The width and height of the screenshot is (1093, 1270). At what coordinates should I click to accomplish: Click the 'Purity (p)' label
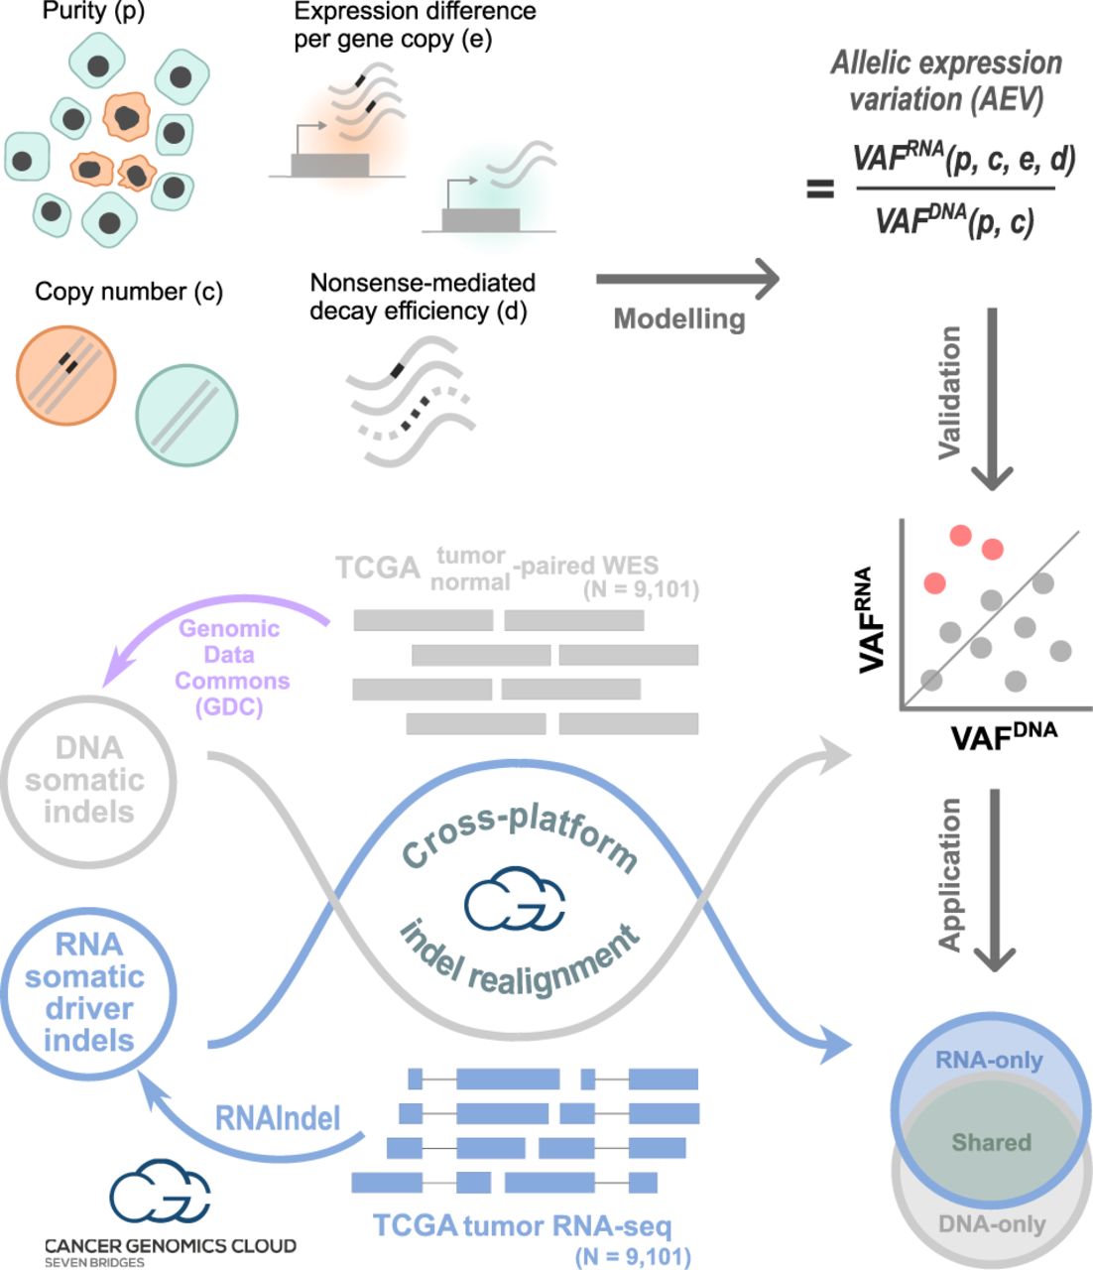[x=87, y=13]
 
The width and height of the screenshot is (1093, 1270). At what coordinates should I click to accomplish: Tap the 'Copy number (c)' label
[x=129, y=292]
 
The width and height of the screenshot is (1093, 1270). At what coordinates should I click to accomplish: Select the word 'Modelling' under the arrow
[x=679, y=318]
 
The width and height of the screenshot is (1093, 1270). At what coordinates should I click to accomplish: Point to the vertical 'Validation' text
[x=949, y=392]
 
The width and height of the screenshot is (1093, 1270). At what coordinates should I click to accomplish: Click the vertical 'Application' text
[x=949, y=874]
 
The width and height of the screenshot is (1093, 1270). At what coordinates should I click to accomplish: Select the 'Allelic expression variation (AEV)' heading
[x=946, y=81]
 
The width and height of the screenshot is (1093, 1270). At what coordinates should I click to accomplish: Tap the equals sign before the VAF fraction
[x=820, y=188]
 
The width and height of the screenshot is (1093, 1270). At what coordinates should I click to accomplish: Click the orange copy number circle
[x=65, y=375]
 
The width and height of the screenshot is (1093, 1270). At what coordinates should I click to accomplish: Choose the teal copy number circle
[x=186, y=416]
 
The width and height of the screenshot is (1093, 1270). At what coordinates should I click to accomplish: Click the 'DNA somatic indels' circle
[x=86, y=780]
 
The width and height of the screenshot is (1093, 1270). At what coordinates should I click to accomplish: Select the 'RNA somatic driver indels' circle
[x=88, y=992]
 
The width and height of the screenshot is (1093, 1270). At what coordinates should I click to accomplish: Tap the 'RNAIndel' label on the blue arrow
[x=277, y=1118]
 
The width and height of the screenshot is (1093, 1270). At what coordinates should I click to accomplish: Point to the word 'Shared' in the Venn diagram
[x=991, y=1142]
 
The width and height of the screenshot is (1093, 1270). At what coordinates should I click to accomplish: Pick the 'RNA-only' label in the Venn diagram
[x=989, y=1061]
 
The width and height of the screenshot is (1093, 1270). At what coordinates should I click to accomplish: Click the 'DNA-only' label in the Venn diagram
[x=992, y=1224]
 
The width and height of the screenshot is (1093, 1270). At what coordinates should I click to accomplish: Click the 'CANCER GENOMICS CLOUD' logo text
[x=170, y=1245]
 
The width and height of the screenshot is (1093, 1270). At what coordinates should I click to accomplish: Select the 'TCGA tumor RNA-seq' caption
[x=522, y=1226]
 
